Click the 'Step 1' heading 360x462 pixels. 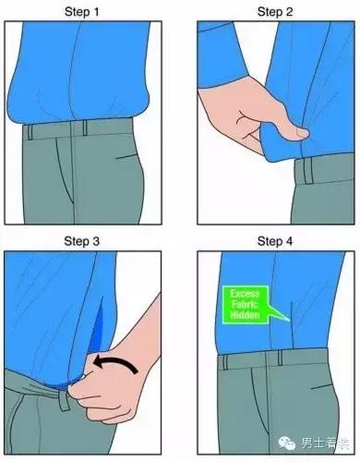coord(82,12)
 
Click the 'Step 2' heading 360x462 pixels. coord(275,12)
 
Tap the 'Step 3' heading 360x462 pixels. coord(82,241)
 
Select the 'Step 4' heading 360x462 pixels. coord(275,241)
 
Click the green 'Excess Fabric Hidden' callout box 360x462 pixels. coord(246,305)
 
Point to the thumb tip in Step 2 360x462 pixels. coord(302,133)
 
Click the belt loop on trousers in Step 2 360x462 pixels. coord(308,171)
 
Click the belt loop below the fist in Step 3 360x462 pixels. coord(64,400)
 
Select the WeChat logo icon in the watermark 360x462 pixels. coord(286,443)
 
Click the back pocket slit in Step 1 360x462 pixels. coord(126,157)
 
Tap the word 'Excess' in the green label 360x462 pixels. coord(246,293)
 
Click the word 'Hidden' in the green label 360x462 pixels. coord(246,315)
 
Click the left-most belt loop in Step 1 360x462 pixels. coord(30,132)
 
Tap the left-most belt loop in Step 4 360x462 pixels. coord(225,362)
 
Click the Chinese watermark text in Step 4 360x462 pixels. coord(326,444)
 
